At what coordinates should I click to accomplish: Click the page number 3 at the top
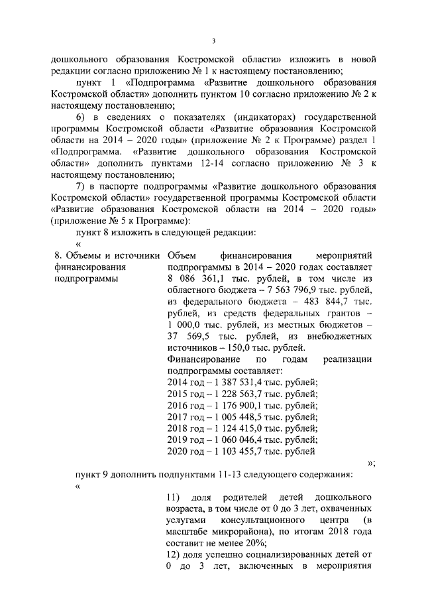click(x=214, y=40)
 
